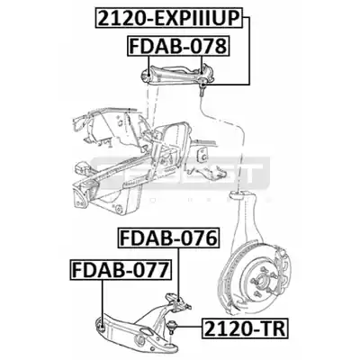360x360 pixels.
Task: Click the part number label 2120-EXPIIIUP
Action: pos(169,19)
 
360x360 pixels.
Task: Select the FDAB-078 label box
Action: pos(178,46)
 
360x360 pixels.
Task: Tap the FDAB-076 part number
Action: pos(169,238)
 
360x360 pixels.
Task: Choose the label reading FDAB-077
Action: pos(121,270)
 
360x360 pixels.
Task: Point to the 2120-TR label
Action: pos(245,328)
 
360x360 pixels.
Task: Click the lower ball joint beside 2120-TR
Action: pos(172,326)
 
